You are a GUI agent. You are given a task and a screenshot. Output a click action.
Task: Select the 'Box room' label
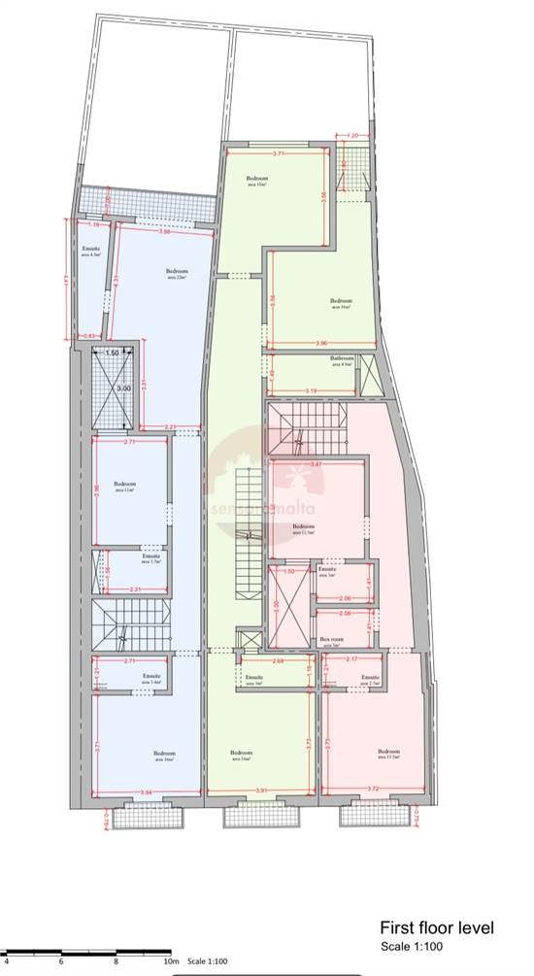[x=329, y=639]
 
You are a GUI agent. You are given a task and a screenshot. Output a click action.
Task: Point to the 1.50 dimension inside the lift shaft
[x=113, y=353]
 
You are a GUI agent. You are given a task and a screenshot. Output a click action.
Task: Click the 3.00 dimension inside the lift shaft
[x=123, y=388]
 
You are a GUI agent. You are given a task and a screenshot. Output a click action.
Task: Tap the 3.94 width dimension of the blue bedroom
[x=147, y=792]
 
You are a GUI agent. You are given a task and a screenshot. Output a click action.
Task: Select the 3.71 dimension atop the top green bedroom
[x=279, y=153]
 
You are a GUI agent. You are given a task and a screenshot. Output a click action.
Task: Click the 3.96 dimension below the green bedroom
[x=322, y=343]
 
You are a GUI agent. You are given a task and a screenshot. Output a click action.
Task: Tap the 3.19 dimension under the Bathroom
[x=311, y=390]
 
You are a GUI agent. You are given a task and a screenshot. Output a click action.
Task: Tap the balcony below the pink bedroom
[x=368, y=818]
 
